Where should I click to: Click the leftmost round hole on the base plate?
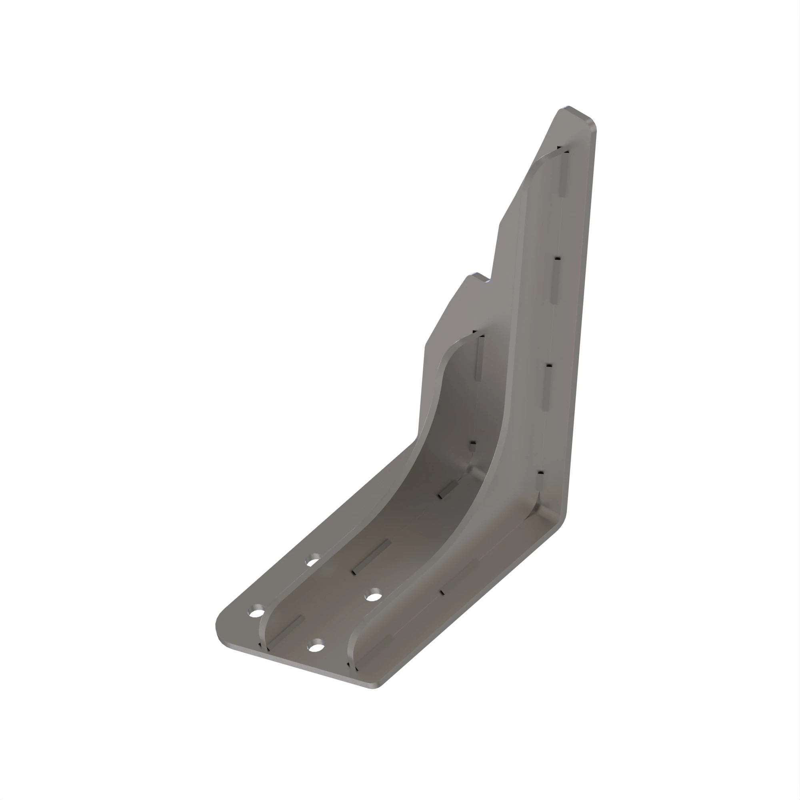257,612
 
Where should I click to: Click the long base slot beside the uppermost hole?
372,557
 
